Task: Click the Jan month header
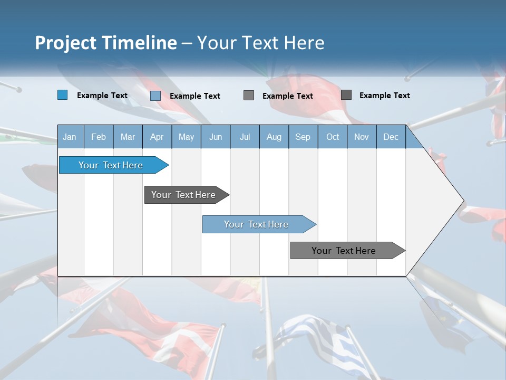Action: tap(70, 137)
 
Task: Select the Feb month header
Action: tap(99, 137)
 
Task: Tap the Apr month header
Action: tap(157, 137)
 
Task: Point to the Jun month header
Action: tap(216, 137)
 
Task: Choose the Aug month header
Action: tap(274, 137)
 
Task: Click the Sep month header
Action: tap(303, 137)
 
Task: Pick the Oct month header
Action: tap(333, 137)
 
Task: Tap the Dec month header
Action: tap(391, 137)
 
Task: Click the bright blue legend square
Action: tap(63, 95)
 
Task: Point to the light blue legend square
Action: tap(155, 96)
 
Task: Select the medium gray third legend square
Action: tap(249, 95)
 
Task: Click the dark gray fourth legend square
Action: tap(346, 94)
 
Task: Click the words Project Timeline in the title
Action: tap(105, 43)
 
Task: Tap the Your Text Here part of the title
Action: tap(261, 43)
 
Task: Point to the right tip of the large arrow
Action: tap(463, 201)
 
